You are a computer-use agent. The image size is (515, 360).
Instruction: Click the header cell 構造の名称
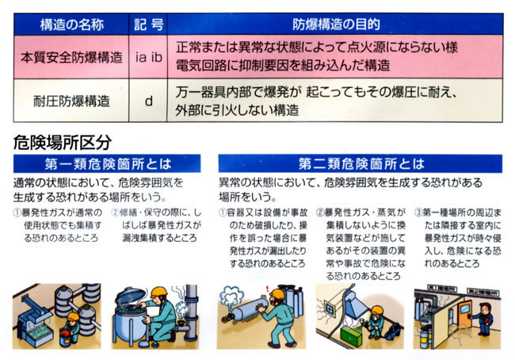tap(71, 25)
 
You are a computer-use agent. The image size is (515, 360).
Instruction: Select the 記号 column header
tap(148, 25)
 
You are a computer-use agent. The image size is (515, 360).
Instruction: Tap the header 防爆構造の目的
tap(335, 25)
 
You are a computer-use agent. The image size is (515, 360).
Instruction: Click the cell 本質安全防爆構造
tap(71, 57)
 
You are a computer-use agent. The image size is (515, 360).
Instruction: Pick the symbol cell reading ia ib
tap(148, 57)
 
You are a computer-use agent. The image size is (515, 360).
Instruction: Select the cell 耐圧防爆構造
tap(71, 101)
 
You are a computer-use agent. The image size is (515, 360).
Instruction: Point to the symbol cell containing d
tap(148, 101)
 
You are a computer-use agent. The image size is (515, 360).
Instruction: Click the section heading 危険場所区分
tap(63, 143)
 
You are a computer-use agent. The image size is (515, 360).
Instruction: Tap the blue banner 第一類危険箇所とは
tap(107, 163)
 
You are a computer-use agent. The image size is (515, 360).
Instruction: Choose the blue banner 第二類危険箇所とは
tap(360, 163)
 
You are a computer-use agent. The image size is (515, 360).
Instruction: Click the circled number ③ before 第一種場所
tap(418, 213)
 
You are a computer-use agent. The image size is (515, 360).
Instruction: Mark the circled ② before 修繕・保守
tap(116, 213)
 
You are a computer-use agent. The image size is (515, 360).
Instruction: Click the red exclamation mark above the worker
tap(268, 289)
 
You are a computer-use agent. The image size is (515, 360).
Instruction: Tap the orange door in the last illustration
tap(465, 316)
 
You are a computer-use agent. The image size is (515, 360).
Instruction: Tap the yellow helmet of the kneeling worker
tap(160, 291)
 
